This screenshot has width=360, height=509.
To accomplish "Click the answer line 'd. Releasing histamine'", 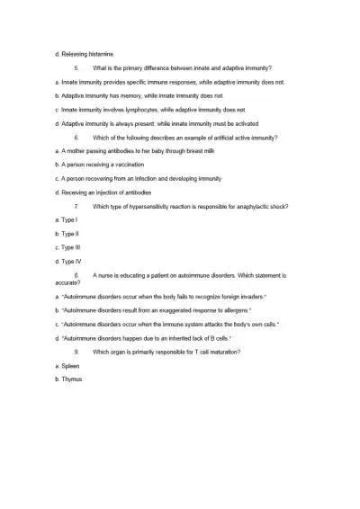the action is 85,54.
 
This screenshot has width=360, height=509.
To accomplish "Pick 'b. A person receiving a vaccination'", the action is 105,165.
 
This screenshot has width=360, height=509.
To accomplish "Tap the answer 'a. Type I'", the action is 66,220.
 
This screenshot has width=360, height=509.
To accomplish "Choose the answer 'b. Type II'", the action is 67,234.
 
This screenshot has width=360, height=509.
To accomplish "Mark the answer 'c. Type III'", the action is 68,247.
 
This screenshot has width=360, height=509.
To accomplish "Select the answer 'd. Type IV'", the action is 68,261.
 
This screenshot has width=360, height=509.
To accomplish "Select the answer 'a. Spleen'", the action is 67,366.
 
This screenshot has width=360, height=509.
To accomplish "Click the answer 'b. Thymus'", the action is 68,380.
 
